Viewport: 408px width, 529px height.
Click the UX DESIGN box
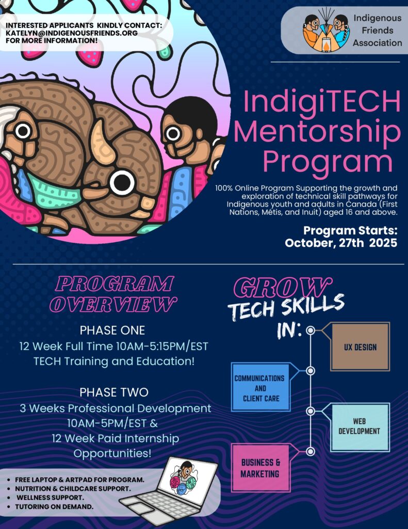coord(360,347)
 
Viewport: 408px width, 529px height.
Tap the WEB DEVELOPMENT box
coord(360,427)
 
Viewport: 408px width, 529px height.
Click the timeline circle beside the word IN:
coord(311,330)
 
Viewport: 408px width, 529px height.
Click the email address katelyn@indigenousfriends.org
coord(72,33)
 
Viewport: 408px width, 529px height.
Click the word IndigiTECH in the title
coord(321,102)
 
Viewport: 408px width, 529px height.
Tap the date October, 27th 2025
coord(341,243)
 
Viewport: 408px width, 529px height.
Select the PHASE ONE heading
coord(112,330)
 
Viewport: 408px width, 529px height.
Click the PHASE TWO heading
coord(114,392)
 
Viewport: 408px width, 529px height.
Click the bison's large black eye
coord(122,182)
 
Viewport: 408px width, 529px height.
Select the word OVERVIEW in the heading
coord(113,304)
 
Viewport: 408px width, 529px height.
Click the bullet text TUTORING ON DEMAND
coord(54,506)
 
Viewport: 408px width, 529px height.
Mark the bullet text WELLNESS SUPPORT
coord(50,497)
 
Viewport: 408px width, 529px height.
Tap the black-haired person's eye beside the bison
coord(173,134)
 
